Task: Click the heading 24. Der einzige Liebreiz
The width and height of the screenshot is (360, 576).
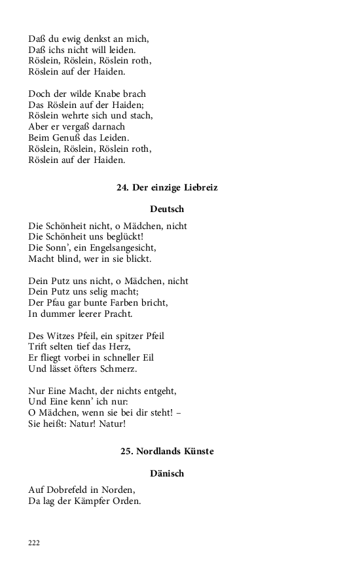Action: [x=167, y=187]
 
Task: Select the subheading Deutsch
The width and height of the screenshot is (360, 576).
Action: [x=167, y=209]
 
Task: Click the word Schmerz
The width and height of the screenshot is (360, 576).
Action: [x=117, y=369]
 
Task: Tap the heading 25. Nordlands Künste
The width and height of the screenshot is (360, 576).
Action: [x=167, y=452]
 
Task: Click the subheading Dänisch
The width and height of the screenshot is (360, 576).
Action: [x=167, y=473]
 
